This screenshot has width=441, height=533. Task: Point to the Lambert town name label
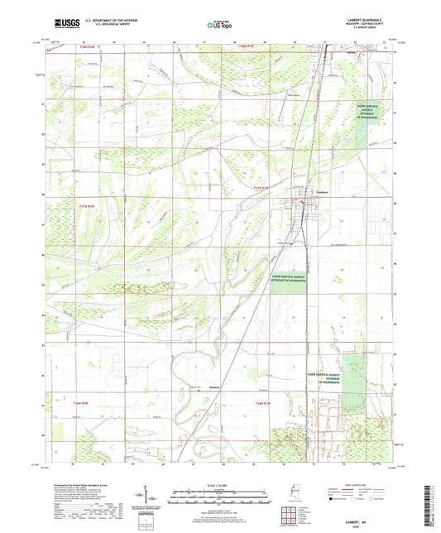point(314,194)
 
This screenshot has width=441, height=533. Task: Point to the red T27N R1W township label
point(261,190)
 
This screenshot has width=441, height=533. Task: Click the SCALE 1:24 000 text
point(221,484)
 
